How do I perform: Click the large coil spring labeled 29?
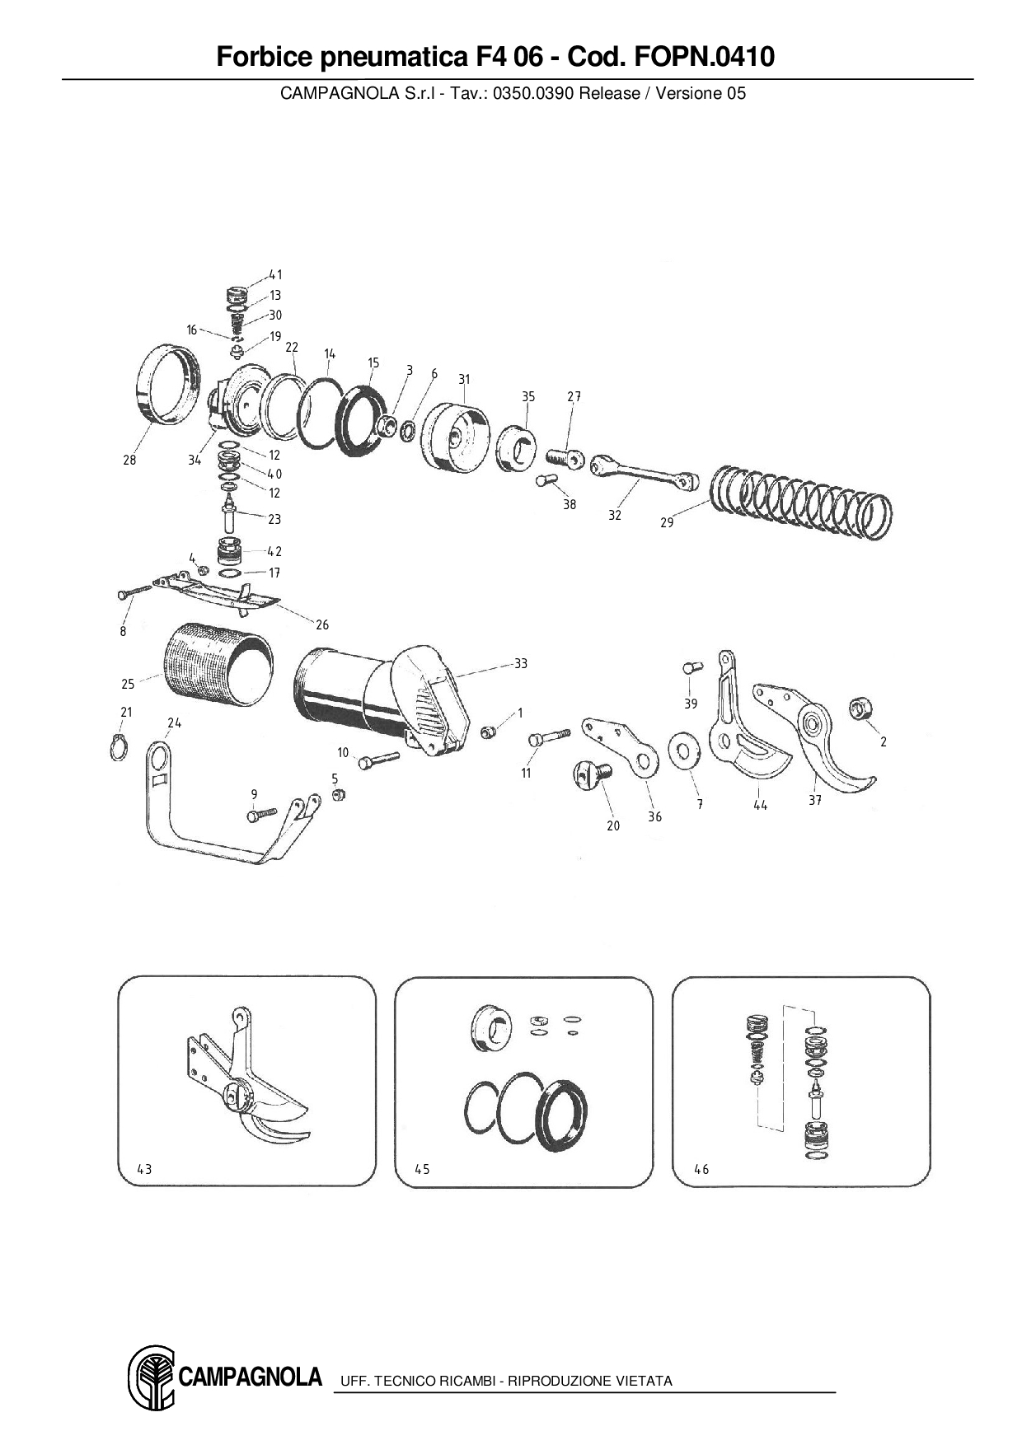[x=799, y=503]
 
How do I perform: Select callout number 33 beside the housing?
[x=520, y=663]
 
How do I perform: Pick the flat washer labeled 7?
[x=682, y=750]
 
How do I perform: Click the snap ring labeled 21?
[x=119, y=748]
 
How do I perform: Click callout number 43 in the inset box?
[x=144, y=1169]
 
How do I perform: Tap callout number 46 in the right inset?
[x=701, y=1169]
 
